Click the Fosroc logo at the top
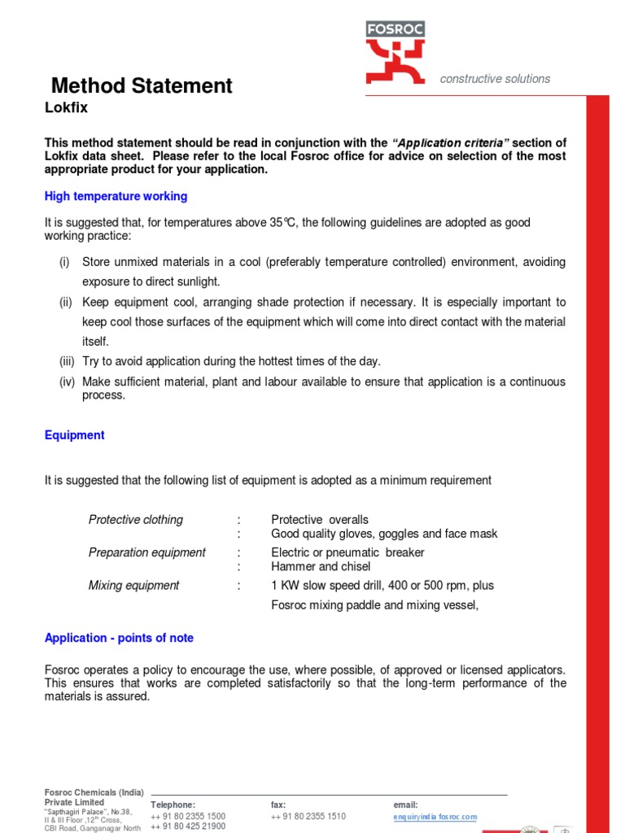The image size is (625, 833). coord(395,53)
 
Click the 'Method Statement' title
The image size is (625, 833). coord(142,85)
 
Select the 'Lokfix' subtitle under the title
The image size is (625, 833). coord(65,107)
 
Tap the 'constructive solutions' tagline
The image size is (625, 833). coord(495,79)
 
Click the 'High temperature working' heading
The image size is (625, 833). coord(116,196)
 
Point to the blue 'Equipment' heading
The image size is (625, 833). coord(74,435)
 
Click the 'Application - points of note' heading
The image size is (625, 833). coord(119,638)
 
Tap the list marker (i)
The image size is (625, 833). coord(64,262)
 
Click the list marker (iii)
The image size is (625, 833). coord(66,360)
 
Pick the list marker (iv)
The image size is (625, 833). coord(66,382)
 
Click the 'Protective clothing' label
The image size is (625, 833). coord(136,520)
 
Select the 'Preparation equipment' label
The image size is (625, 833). coord(147,552)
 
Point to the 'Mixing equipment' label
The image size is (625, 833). coord(134,585)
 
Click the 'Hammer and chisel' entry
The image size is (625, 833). coord(321,566)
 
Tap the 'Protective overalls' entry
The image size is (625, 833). coord(320,520)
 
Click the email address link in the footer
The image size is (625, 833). coord(435,817)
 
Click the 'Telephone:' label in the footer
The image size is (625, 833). coord(173,805)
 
